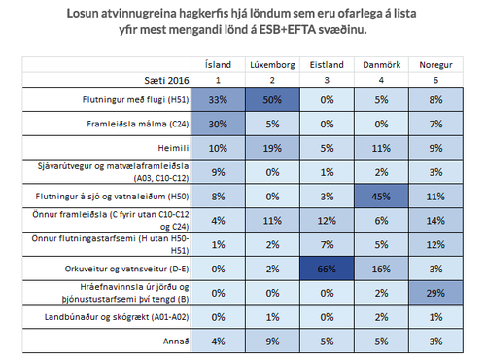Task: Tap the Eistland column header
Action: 327,64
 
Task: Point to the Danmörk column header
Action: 381,64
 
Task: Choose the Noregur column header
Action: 434,64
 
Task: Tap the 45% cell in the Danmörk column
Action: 381,195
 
